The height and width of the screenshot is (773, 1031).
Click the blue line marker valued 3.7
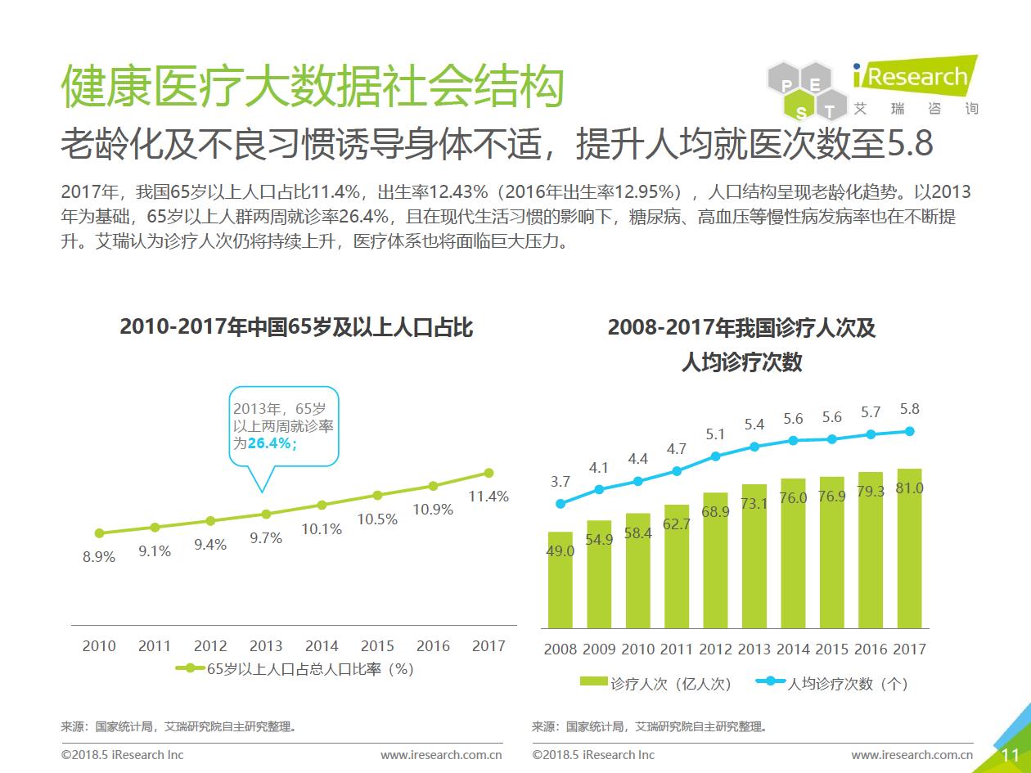561,504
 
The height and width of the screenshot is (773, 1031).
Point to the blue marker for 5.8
909,431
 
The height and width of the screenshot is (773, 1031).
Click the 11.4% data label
488,496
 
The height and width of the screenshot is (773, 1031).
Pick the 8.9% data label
99,557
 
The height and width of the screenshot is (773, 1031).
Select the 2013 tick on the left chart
266,645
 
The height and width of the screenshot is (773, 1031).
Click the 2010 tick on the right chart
637,649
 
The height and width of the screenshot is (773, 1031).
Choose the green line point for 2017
488,473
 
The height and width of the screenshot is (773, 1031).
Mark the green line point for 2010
99,533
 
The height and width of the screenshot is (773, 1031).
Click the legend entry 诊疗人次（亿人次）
655,684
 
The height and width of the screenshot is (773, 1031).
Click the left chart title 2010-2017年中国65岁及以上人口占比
296,327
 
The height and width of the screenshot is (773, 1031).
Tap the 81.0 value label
909,488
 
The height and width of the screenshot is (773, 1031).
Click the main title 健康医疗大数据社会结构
313,87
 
